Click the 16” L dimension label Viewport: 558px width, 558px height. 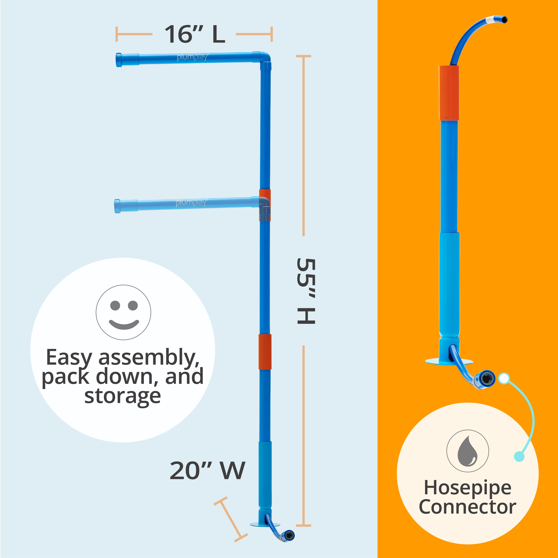coord(195,34)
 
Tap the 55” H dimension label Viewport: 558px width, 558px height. coord(306,291)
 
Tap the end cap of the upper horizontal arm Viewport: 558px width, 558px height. coord(119,60)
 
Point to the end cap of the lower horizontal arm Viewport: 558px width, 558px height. coord(118,206)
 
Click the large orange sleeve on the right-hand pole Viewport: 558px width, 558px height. coord(449,93)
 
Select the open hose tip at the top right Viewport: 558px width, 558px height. coord(504,20)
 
